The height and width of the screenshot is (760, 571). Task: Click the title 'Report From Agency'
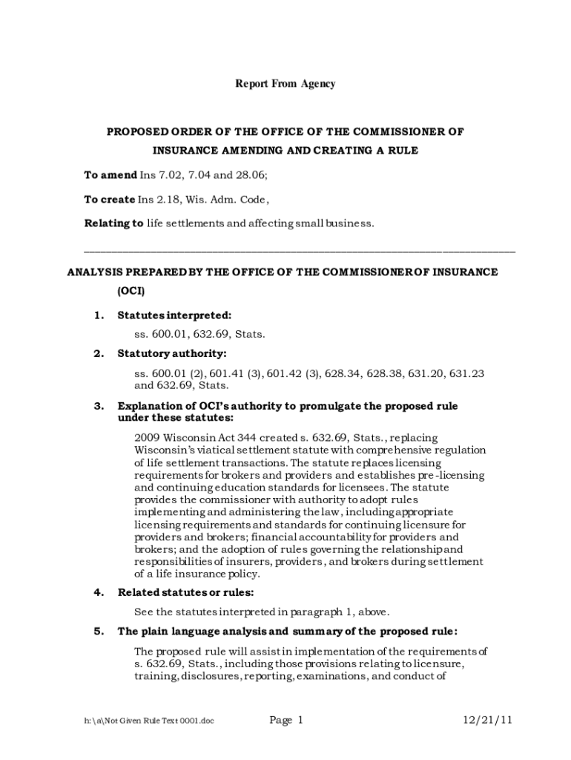285,84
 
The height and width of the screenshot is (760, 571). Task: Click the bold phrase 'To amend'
110,176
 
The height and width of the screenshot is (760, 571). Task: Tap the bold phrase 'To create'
110,200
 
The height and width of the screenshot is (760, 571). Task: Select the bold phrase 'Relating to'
113,223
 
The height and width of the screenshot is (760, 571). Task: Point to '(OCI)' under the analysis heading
131,290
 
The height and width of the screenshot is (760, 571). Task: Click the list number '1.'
99,315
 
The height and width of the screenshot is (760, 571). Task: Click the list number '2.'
99,353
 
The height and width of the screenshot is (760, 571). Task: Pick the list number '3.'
99,406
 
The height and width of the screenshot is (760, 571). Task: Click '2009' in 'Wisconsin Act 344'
147,438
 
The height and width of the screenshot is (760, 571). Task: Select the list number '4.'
99,592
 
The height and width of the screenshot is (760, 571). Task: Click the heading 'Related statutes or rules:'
186,592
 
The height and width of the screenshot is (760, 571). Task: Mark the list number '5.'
99,632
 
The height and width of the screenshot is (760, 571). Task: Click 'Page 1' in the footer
286,720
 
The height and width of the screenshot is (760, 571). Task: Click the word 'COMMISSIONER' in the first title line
390,132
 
